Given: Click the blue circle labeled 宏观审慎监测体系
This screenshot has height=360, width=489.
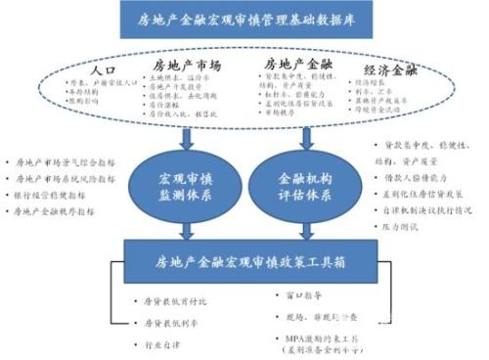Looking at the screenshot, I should tap(184, 187).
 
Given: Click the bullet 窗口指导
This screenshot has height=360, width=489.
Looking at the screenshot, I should tap(299, 290).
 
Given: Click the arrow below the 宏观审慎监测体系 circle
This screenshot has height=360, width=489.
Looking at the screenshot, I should tap(184, 231).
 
